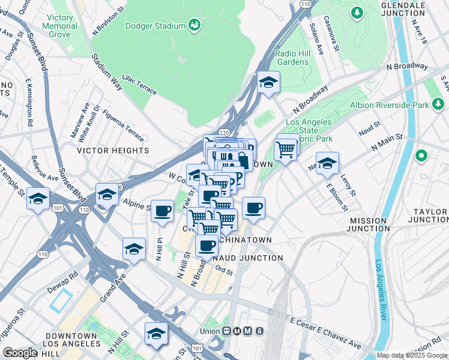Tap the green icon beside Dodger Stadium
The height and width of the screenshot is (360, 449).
point(194,25)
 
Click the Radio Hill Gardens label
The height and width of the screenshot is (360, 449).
point(292,58)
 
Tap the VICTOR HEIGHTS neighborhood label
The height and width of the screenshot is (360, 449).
point(113,151)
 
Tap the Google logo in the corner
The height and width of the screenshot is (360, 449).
point(20,352)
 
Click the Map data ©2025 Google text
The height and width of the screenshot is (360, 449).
point(412,355)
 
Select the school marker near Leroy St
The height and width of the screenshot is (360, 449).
point(327,164)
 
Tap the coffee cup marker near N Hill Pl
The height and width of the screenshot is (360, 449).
point(162,211)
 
